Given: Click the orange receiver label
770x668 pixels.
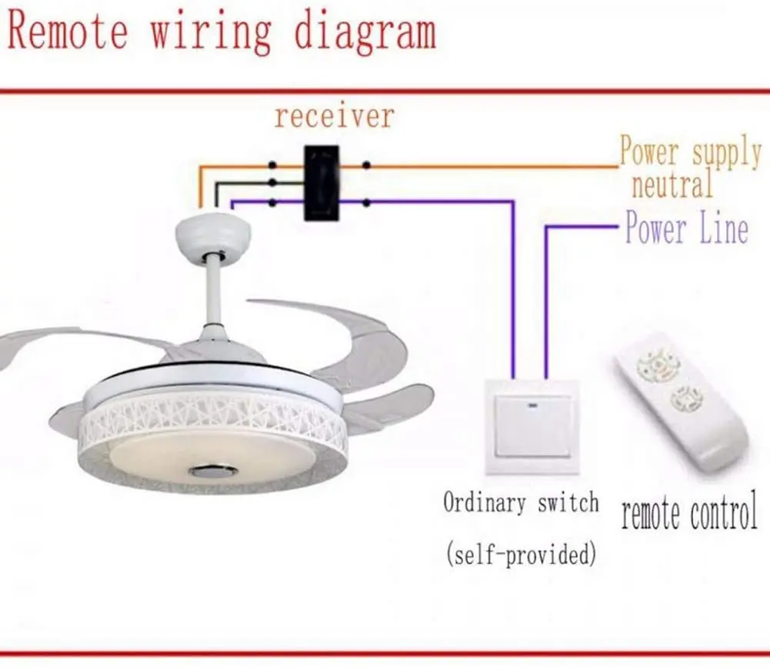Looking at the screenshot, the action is pos(334,117).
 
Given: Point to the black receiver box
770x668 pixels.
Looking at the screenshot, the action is pos(322,183).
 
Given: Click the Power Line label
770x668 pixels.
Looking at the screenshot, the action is pos(686,229).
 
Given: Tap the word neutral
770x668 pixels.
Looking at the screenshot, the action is pos(672,185).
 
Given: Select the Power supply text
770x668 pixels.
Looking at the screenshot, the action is pos(690,152).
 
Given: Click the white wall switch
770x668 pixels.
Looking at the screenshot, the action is pos(532,426).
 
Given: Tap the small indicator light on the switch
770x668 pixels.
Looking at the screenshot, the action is pos(532,404).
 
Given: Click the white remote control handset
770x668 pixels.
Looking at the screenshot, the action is pos(681,400).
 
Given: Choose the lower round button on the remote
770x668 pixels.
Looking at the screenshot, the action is pos(685,399).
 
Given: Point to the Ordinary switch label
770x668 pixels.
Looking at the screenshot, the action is pos(521,504).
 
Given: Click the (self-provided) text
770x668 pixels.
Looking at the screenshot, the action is pos(521,553).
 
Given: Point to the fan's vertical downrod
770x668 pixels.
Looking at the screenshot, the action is pos(214,292).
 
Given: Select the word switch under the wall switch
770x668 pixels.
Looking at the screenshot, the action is pos(568,504).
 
